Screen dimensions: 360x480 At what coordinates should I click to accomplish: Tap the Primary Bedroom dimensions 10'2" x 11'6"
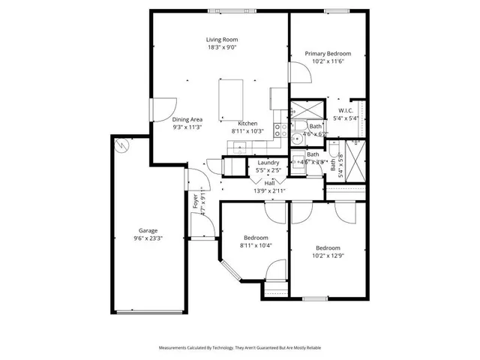tap(328, 62)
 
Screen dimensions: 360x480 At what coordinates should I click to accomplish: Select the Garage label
tap(148, 230)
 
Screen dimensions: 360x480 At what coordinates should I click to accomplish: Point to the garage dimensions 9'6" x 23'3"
tap(148, 238)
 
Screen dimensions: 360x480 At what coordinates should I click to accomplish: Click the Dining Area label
tap(187, 119)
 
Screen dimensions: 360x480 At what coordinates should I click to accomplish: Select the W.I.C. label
tap(345, 109)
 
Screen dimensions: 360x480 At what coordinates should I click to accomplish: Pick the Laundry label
tap(268, 163)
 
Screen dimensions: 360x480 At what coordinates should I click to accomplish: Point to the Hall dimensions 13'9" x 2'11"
tap(270, 191)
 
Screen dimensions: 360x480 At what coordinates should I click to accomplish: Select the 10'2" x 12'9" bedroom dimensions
tap(328, 256)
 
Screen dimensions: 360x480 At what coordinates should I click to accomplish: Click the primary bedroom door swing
tap(298, 73)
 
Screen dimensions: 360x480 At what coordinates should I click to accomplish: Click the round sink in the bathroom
tap(297, 137)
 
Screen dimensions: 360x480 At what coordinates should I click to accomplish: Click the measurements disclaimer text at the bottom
tap(239, 348)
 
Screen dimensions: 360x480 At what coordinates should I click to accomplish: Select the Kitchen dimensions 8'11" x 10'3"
tap(247, 131)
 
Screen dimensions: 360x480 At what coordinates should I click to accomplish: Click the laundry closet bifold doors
tap(237, 167)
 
